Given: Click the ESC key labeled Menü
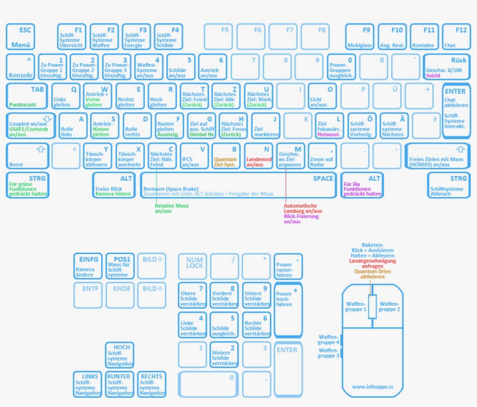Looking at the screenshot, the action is click(x=20, y=37).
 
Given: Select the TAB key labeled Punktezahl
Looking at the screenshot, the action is click(x=26, y=96).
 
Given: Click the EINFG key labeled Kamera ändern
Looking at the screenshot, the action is click(x=88, y=266).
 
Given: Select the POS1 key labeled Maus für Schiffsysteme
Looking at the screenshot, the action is click(x=119, y=266).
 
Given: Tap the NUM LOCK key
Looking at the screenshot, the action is click(x=193, y=266).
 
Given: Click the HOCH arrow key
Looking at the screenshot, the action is click(x=119, y=355).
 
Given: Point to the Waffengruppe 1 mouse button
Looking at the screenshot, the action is click(x=355, y=306).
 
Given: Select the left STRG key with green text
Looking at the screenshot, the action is click(x=27, y=185).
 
